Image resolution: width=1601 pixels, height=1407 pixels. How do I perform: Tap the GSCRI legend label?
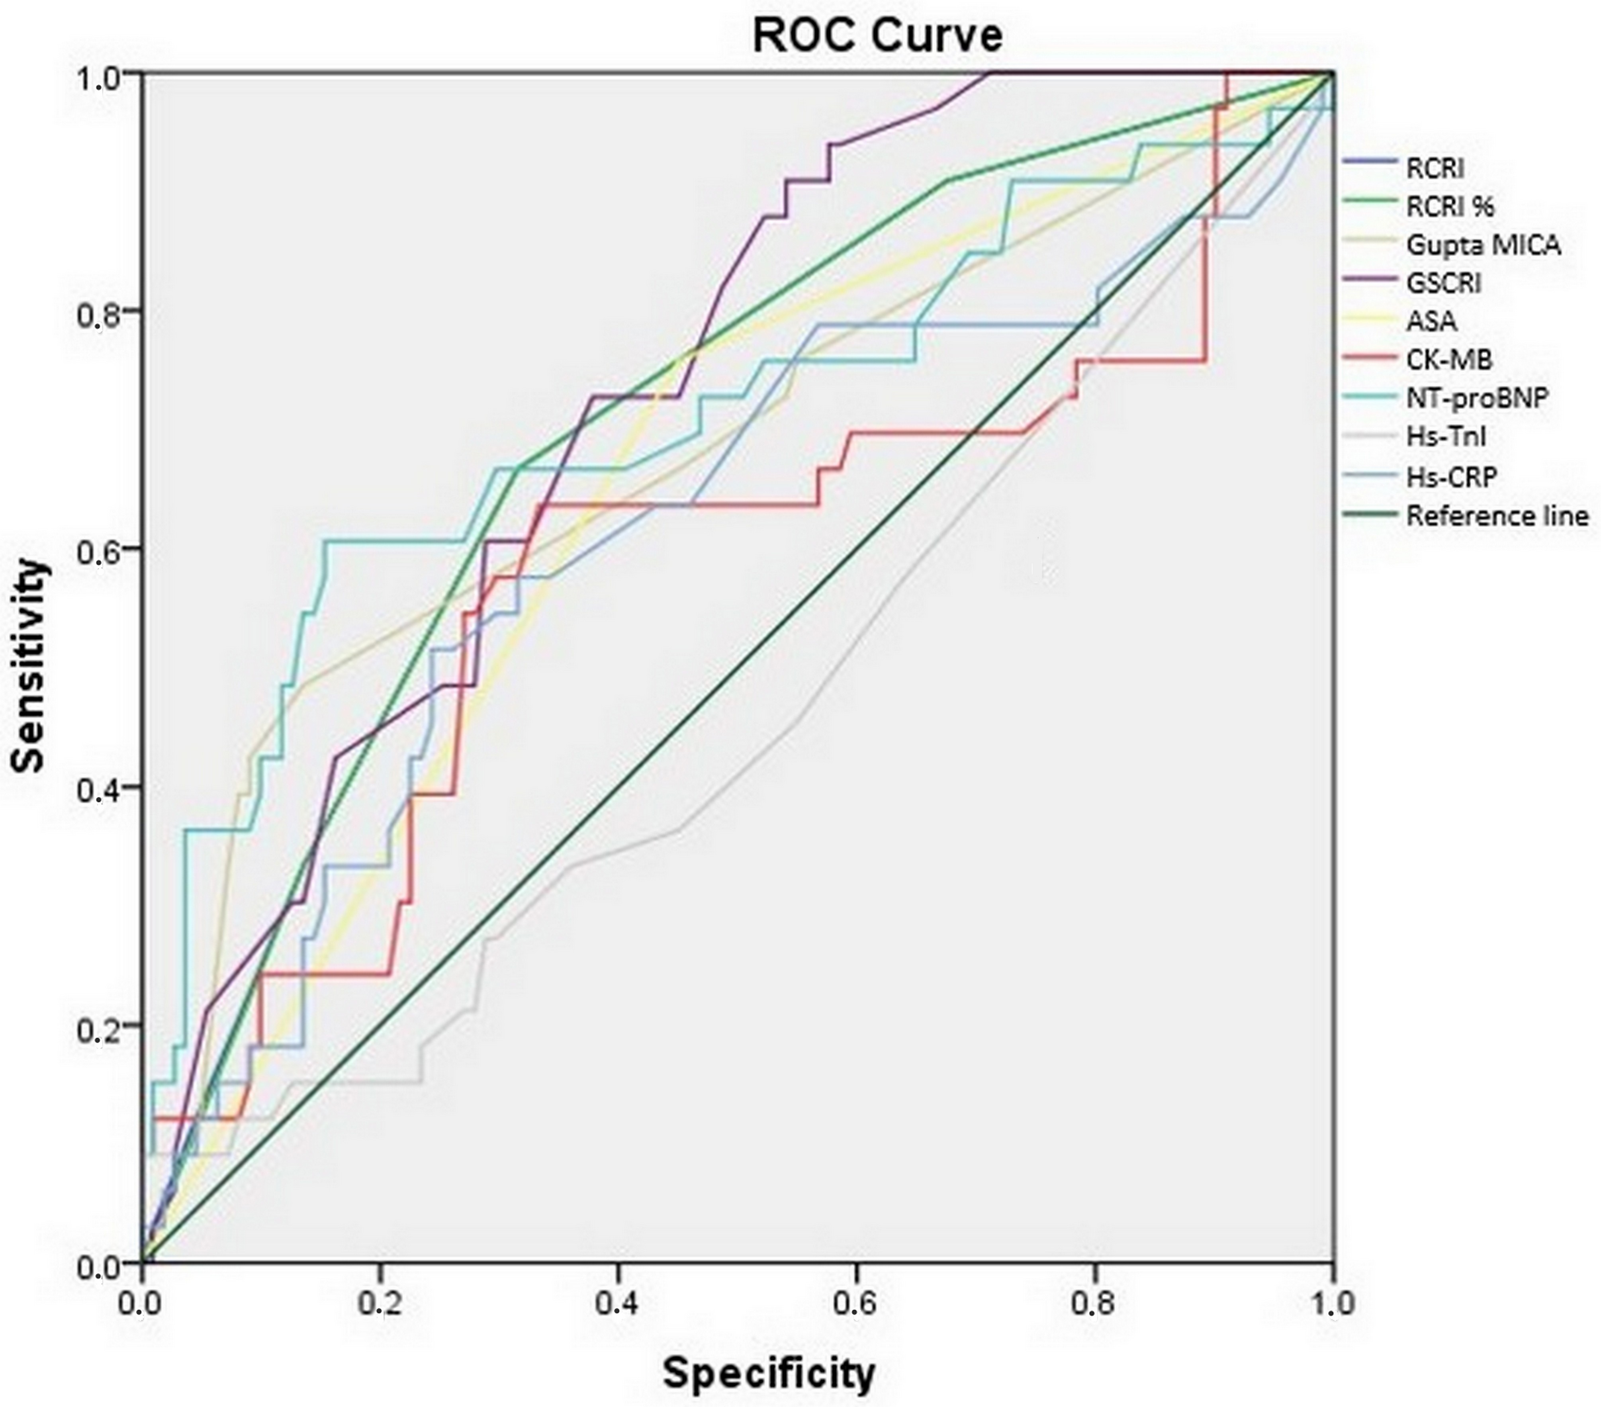point(1444,283)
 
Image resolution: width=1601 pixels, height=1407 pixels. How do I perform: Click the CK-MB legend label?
point(1449,360)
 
